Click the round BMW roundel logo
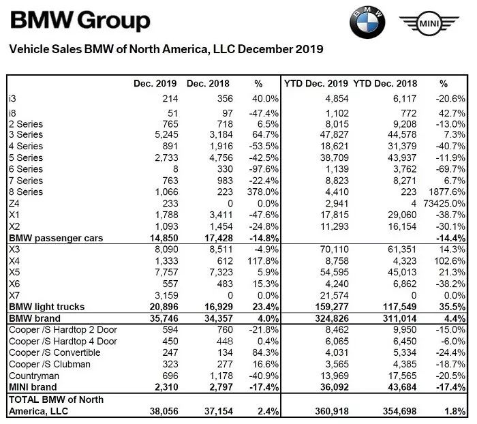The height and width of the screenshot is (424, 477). point(367,22)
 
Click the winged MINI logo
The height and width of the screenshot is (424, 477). point(429,23)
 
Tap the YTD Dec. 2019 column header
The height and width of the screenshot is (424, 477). point(316,83)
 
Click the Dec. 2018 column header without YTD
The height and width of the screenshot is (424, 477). point(208,83)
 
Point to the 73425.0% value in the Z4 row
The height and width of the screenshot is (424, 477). point(444,203)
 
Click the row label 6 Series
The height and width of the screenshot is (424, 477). point(26,169)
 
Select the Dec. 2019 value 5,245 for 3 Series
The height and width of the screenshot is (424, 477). point(166,134)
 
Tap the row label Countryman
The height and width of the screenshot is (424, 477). point(34,376)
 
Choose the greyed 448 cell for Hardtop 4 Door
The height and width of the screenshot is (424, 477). point(225,342)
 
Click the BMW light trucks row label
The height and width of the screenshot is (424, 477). point(47,307)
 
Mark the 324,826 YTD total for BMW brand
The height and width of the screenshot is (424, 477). point(332,318)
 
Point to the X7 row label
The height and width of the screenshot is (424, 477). point(14,295)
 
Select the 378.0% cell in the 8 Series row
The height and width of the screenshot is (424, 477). point(263,192)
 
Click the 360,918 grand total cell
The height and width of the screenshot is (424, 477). point(332,411)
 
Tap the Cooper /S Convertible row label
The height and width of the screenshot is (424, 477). point(55,352)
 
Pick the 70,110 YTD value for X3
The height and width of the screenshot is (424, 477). point(334,249)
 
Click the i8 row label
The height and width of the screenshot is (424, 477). point(12,113)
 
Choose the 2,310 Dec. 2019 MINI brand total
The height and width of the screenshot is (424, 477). point(166,387)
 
